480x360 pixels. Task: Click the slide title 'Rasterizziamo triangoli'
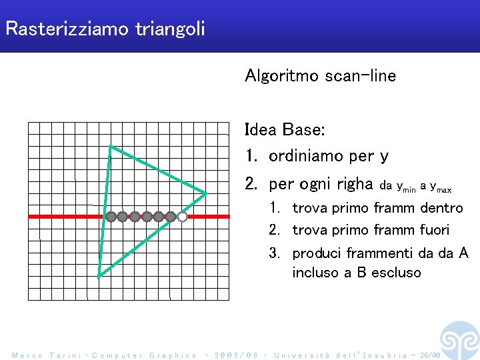pyautogui.click(x=105, y=29)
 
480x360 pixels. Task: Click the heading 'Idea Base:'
pyautogui.click(x=285, y=129)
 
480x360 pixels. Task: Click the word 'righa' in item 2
pyautogui.click(x=354, y=183)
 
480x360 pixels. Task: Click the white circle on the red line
pyautogui.click(x=182, y=217)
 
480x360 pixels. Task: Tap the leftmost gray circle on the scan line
pyautogui.click(x=111, y=217)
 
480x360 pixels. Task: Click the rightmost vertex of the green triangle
pyautogui.click(x=206, y=193)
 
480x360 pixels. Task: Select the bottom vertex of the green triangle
pyautogui.click(x=99, y=275)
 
